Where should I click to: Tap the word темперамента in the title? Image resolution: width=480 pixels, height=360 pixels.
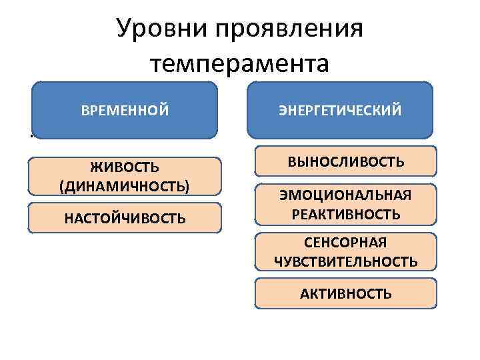(240, 65)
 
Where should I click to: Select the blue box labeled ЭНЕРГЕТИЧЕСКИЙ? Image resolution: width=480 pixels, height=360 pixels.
(340, 109)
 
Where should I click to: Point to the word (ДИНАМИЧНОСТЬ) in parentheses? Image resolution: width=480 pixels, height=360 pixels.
(125, 185)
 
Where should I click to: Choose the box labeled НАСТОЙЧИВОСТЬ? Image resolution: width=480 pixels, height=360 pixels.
(125, 218)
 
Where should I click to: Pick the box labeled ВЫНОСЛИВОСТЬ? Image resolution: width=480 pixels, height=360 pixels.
(345, 161)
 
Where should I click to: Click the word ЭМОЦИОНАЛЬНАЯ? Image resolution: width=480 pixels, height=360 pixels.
(345, 195)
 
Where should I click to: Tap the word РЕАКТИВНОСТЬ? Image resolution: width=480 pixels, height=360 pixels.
(345, 214)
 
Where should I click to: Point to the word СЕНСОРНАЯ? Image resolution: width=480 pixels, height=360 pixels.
(345, 242)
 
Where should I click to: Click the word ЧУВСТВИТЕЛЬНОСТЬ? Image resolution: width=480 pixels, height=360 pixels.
(345, 261)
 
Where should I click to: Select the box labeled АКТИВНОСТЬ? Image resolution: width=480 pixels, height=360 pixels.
(345, 293)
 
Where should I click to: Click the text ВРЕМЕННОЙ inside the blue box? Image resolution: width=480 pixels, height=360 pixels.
(125, 110)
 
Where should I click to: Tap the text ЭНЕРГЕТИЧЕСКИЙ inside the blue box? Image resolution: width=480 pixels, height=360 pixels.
(340, 110)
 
